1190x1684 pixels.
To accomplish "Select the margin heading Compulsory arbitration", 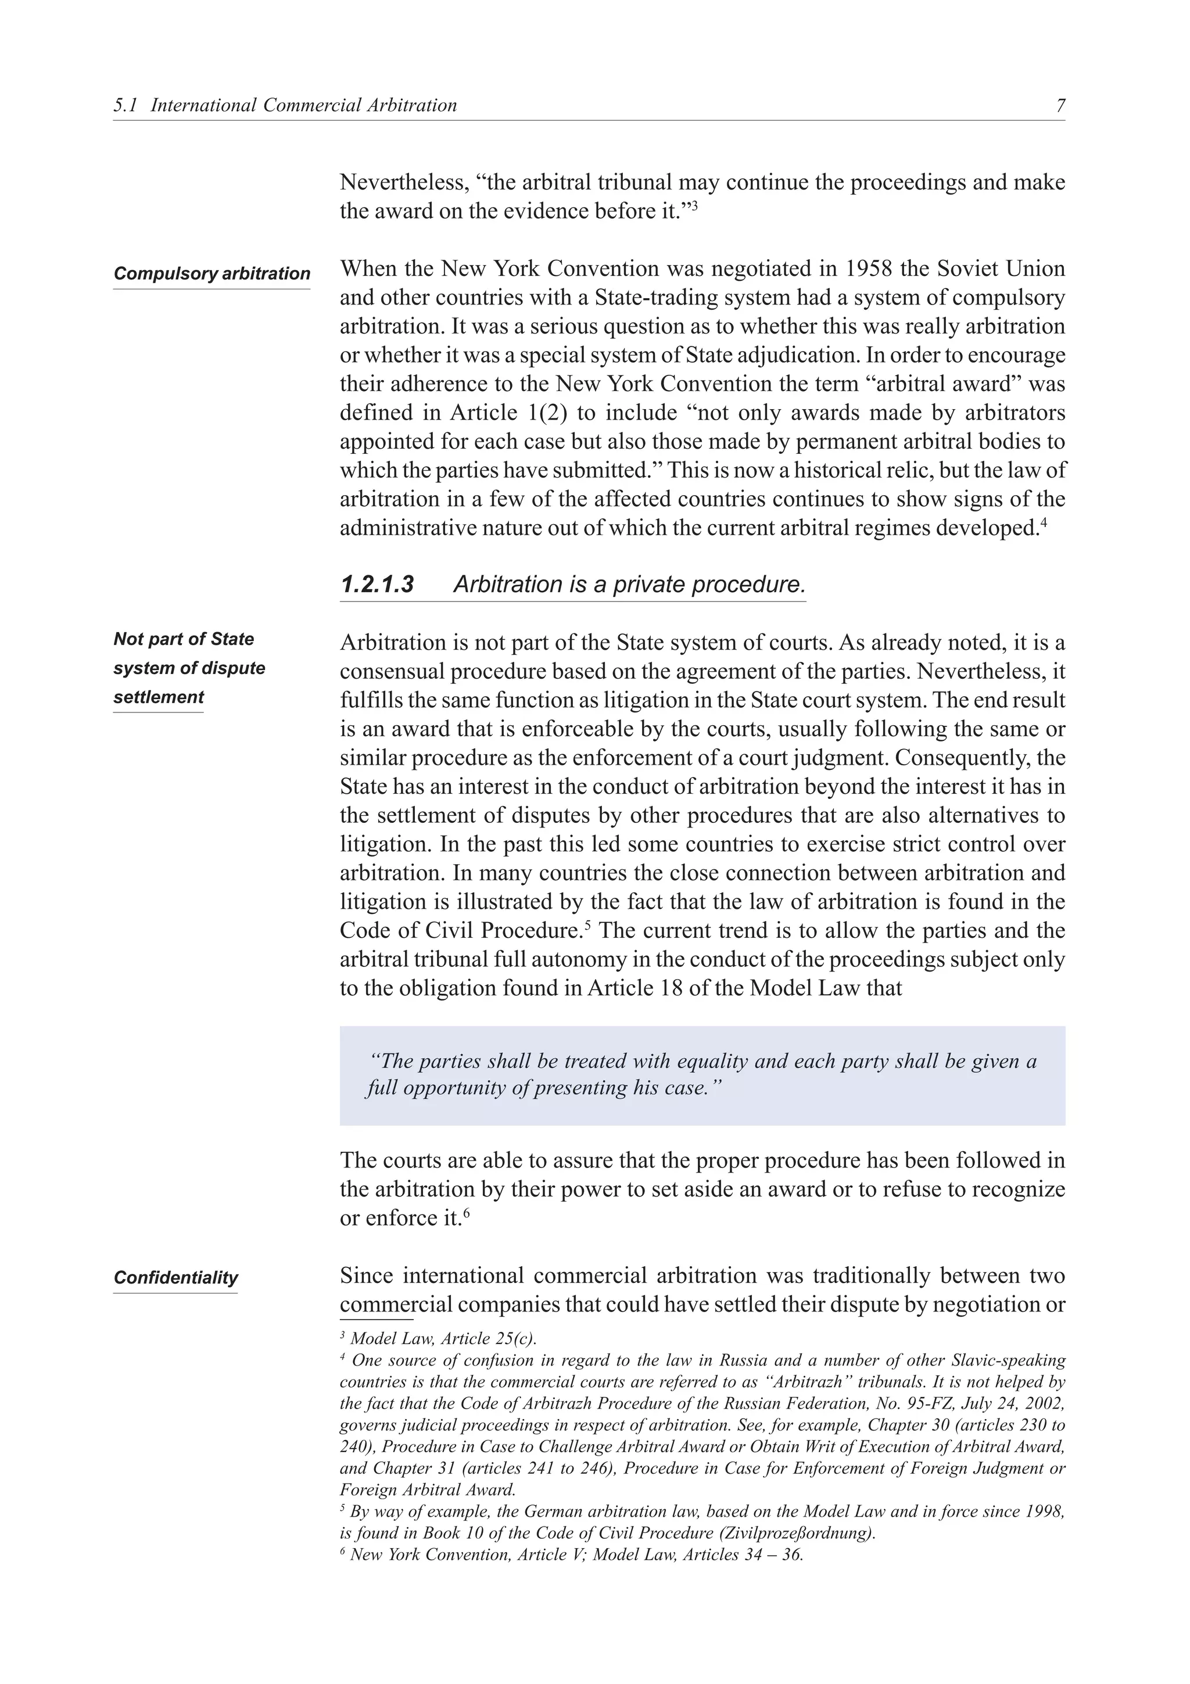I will [x=212, y=274].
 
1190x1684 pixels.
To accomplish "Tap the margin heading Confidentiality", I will [x=176, y=1278].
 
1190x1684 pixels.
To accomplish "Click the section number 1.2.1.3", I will [x=377, y=585].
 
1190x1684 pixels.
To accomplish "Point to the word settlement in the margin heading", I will [x=159, y=697].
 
